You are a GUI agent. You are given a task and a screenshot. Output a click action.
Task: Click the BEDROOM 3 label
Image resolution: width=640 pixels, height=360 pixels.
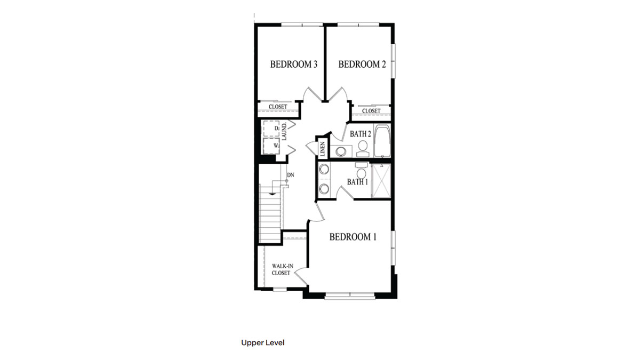(x=294, y=65)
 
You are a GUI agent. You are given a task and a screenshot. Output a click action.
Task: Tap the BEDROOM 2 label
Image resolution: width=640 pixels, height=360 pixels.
(x=362, y=65)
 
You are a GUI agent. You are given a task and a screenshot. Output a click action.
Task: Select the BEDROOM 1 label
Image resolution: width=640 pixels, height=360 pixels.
(x=353, y=237)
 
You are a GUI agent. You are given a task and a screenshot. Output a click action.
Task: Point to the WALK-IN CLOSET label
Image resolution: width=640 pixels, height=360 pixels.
(x=281, y=269)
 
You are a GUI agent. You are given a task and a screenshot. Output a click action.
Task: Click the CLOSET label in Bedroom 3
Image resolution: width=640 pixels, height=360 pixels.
(x=278, y=107)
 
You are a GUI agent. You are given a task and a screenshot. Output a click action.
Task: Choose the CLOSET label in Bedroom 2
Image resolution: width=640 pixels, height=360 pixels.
(x=371, y=111)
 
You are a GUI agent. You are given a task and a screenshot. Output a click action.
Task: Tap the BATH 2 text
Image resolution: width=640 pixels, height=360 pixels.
(x=360, y=133)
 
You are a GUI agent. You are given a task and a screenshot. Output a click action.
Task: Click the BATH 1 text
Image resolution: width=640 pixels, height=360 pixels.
(x=357, y=182)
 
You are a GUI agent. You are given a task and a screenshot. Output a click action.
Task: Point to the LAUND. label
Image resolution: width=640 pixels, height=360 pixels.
(x=285, y=131)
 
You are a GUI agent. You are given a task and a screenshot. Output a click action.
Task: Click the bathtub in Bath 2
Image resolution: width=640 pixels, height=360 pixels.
(x=382, y=141)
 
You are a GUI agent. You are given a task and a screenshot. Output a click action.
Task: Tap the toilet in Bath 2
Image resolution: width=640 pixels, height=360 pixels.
(x=363, y=147)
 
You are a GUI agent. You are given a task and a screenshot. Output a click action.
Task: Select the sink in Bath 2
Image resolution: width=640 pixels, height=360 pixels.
(x=340, y=151)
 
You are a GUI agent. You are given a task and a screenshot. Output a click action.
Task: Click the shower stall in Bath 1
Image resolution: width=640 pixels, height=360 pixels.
(x=381, y=181)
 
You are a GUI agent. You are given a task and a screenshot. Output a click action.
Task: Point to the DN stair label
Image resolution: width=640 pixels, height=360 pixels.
(x=291, y=174)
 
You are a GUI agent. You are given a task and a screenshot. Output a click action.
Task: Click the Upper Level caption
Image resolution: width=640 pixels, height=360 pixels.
(x=262, y=342)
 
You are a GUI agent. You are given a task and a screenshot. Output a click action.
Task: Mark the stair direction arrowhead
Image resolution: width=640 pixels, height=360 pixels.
(x=273, y=194)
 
